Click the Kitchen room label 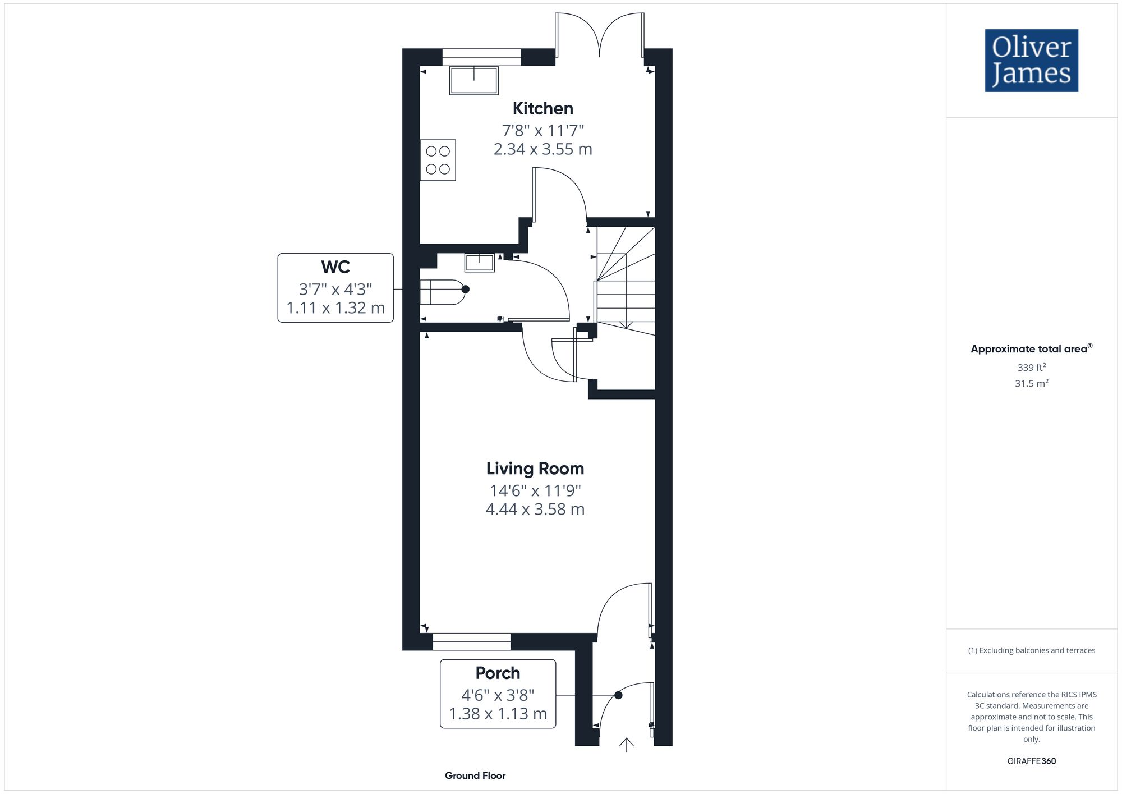point(542,108)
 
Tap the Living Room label point(535,469)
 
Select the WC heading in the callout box point(335,267)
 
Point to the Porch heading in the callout point(498,673)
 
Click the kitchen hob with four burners point(438,160)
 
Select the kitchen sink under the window point(474,80)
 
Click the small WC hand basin point(480,262)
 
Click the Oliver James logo point(1031,61)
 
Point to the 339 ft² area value point(1031,368)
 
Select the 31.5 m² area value point(1031,384)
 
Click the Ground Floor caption point(475,775)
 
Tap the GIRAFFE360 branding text point(1031,761)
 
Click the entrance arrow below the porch point(626,745)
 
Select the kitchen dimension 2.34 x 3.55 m point(542,149)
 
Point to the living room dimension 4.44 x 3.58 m point(535,510)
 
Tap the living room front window point(471,641)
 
